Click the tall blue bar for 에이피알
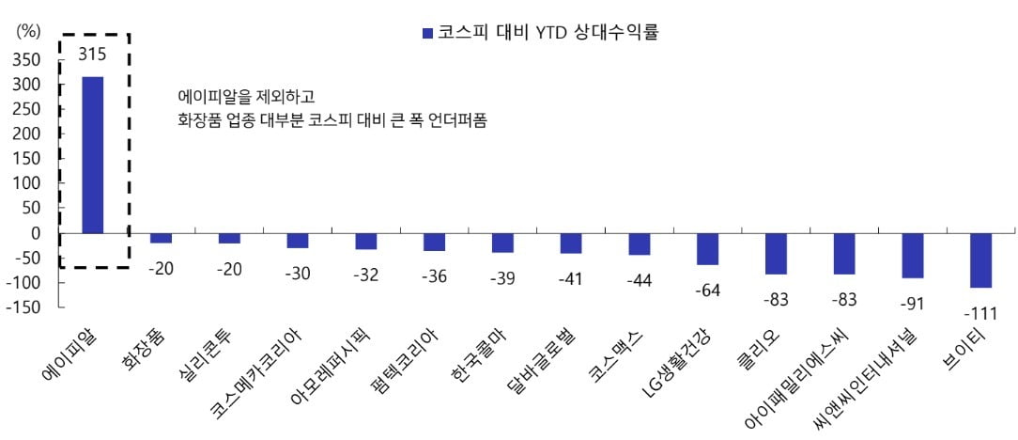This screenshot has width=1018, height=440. [92, 154]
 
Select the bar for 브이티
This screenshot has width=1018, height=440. [980, 260]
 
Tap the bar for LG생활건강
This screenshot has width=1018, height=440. [707, 248]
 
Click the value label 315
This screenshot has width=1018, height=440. [92, 55]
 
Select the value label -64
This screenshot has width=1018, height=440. [707, 290]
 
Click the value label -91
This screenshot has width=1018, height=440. [913, 303]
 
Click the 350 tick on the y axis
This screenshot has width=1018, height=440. [28, 59]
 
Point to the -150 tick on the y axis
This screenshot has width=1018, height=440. [24, 306]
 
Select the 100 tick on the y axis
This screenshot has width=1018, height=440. [28, 183]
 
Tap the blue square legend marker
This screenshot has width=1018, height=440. [427, 34]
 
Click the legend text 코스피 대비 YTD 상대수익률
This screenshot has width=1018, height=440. [548, 34]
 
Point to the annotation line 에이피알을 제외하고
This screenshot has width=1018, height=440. [246, 97]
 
